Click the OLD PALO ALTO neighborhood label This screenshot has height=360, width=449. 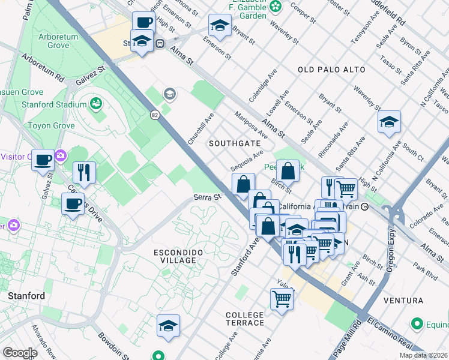click(x=331, y=70)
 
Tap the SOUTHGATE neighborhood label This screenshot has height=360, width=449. click(x=234, y=143)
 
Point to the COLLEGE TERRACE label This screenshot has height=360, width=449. click(x=245, y=319)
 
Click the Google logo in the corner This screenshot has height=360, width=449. click(x=19, y=353)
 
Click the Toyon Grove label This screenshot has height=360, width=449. click(x=51, y=126)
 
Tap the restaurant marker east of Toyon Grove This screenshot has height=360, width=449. click(x=84, y=172)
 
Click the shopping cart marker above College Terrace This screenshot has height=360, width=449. click(x=282, y=298)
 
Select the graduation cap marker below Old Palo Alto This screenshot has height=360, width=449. click(x=389, y=122)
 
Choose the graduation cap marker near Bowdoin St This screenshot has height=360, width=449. click(x=168, y=326)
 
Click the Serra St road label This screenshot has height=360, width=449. click(x=208, y=197)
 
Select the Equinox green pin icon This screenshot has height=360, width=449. click(x=418, y=325)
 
